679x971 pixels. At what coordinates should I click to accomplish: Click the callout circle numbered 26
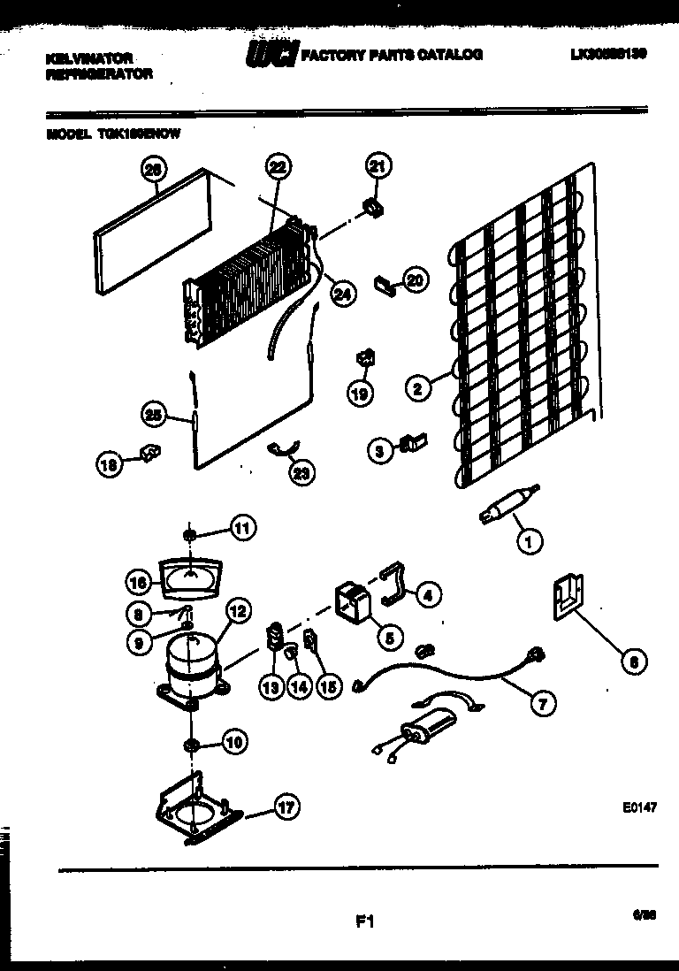tap(153, 169)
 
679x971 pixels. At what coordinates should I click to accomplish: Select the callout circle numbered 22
tap(277, 166)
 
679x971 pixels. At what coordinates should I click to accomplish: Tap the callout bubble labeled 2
tap(418, 386)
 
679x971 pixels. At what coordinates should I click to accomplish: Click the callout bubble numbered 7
tap(542, 703)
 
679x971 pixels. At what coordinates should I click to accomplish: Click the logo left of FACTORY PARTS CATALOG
tap(271, 54)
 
